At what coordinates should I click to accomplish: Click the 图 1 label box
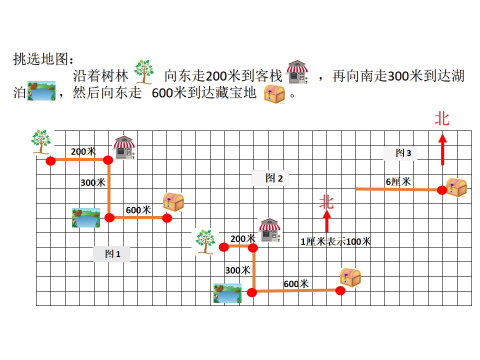pos(111,254)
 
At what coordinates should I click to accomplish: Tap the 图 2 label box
pos(270,178)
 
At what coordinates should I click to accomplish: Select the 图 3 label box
pos(400,153)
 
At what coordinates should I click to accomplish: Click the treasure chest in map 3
pos(456,187)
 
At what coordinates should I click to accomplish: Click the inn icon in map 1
pos(124,147)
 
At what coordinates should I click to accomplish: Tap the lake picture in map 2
pos(227,293)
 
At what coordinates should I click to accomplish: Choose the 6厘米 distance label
pos(398,182)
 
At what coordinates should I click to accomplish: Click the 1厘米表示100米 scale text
pos(335,241)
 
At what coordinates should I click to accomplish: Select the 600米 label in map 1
pos(138,210)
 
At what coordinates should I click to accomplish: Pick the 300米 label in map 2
pos(238,270)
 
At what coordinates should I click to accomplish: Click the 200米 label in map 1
pos(83,151)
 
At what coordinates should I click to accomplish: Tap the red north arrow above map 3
pos(442,149)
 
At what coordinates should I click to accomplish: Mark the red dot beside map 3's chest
pos(441,190)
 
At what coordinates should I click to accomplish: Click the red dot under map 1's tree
pos(51,160)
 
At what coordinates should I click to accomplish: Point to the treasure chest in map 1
pos(173,201)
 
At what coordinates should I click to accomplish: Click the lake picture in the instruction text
pos(41,90)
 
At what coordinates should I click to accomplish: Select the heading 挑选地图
pos(43,59)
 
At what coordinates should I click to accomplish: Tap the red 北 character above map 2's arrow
pos(326,202)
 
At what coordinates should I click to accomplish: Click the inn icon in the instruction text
pos(297,72)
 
